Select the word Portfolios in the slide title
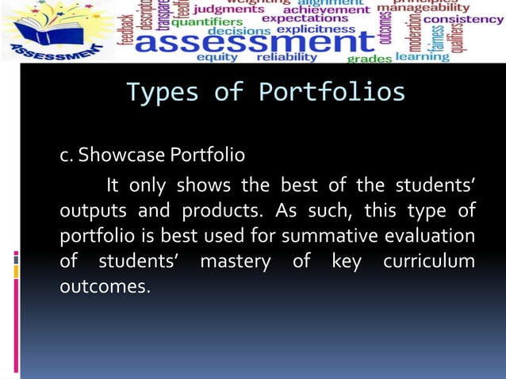tap(332, 94)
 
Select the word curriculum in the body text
tap(428, 262)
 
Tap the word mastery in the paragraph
tap(235, 262)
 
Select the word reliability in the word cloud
tap(287, 57)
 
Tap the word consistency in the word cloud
tap(463, 18)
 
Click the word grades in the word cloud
tap(370, 58)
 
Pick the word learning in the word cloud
tap(423, 57)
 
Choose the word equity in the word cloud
tap(217, 57)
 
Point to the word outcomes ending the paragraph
tap(104, 286)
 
